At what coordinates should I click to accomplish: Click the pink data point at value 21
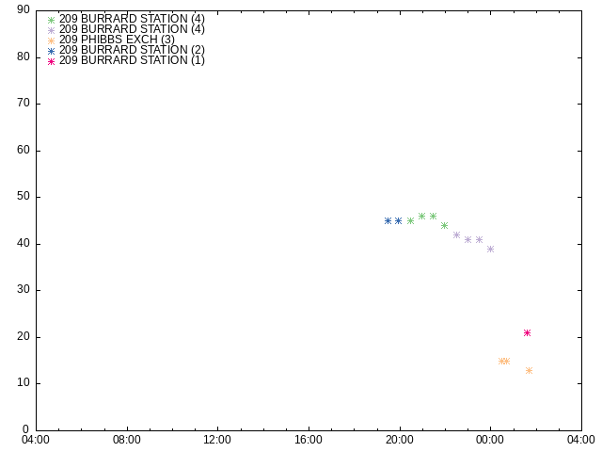pos(527,332)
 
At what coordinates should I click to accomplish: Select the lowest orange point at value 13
pos(529,370)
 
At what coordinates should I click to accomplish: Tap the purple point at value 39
pos(490,249)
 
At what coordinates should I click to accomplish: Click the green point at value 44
pos(444,226)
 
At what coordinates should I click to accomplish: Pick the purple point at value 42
pos(456,234)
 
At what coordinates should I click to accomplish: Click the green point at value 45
pos(410,221)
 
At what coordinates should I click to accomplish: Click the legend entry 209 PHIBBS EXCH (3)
pos(117,40)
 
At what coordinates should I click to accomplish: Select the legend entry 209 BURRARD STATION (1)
pos(132,60)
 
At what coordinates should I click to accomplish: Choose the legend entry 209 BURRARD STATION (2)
pos(132,50)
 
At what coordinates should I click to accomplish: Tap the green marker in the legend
pos(51,20)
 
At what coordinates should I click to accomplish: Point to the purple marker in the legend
pos(51,30)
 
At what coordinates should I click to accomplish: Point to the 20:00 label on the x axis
pos(400,440)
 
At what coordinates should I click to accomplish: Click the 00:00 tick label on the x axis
pos(490,440)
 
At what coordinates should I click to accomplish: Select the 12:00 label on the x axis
pos(217,440)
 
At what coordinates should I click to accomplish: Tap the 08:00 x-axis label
pos(127,440)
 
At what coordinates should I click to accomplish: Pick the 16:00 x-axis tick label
pos(309,440)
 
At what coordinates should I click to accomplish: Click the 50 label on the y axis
pos(24,197)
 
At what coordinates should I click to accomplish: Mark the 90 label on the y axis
pos(24,10)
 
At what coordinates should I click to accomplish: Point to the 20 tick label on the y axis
pos(24,337)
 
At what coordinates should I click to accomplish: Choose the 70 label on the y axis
pos(24,103)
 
